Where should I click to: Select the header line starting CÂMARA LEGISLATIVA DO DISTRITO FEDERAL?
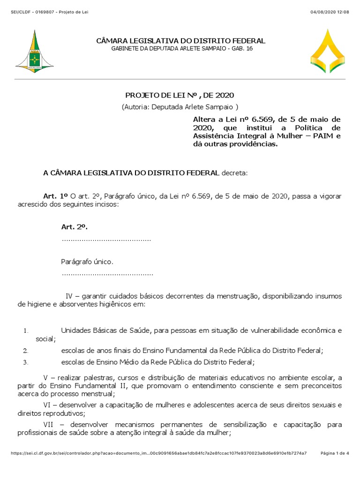click(180, 41)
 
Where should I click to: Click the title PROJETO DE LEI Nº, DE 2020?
click(179, 95)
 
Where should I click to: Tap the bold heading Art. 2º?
click(75, 227)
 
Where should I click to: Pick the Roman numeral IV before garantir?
click(69, 296)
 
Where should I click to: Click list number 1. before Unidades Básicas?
click(26, 331)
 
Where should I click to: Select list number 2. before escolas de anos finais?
click(26, 351)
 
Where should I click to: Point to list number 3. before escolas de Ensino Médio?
click(26, 362)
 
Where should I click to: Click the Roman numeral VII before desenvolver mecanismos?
click(49, 425)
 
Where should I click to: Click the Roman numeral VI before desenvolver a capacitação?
click(48, 405)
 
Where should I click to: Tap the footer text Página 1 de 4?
click(335, 453)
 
